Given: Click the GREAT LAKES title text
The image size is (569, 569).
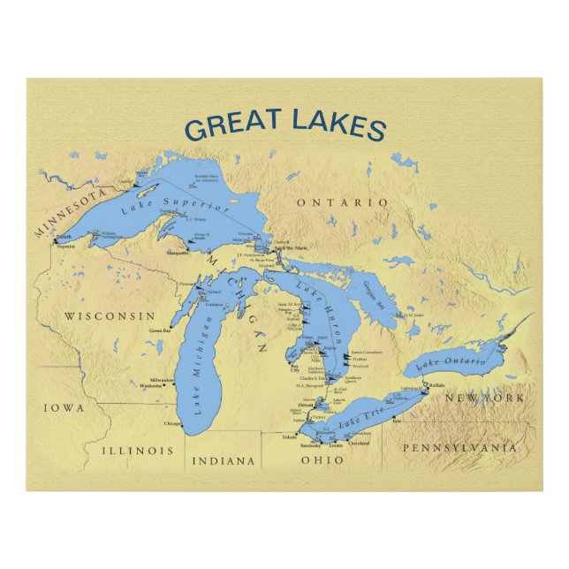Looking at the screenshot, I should (285, 125).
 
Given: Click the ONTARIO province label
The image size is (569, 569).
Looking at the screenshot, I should (342, 203).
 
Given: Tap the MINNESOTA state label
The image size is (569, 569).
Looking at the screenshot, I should (70, 212).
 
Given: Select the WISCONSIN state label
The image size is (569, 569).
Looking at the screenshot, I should (110, 315).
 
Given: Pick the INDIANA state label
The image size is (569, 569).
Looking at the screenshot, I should (224, 460).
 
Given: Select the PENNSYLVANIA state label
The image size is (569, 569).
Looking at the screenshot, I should (459, 448).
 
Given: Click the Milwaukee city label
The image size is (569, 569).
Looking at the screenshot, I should (159, 380).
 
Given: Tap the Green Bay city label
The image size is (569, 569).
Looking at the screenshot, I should (160, 330).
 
